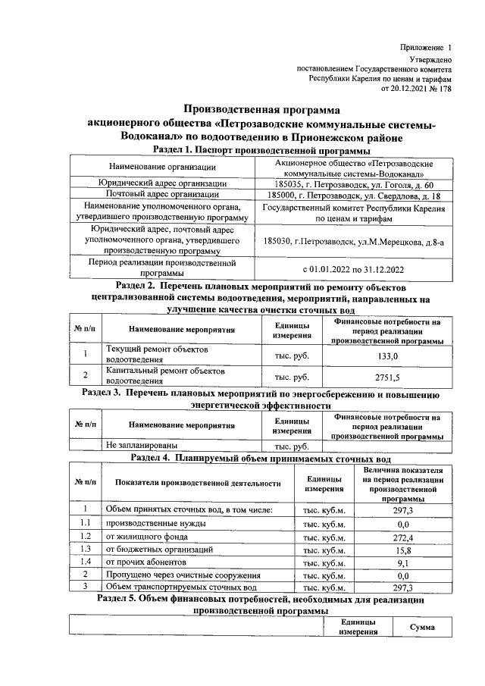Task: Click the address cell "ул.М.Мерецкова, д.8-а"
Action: click(354, 240)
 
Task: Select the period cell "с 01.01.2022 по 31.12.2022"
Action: click(354, 268)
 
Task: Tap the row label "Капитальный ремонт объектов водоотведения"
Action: click(165, 376)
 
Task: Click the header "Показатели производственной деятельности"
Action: click(198, 483)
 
